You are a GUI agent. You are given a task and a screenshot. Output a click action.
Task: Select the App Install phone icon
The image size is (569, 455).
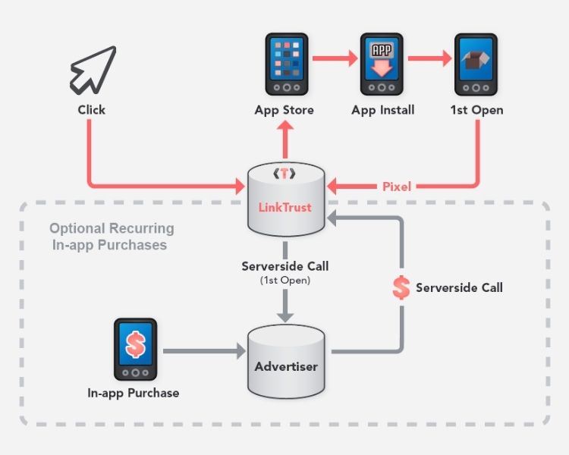pyautogui.click(x=382, y=62)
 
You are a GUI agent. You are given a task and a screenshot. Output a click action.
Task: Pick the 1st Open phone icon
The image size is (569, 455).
pyautogui.click(x=476, y=62)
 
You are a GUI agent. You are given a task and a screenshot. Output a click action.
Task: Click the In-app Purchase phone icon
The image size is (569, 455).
pyautogui.click(x=135, y=350)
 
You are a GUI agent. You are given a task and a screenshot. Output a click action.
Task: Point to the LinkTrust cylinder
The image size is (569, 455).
pyautogui.click(x=286, y=202)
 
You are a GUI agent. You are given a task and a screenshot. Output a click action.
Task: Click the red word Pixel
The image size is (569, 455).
pyautogui.click(x=396, y=186)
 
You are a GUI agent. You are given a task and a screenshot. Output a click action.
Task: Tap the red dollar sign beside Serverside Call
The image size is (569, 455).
pyautogui.click(x=401, y=288)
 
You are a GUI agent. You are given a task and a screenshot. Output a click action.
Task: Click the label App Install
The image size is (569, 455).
pyautogui.click(x=382, y=110)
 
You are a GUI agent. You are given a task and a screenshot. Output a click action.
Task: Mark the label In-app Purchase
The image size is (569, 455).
pyautogui.click(x=134, y=393)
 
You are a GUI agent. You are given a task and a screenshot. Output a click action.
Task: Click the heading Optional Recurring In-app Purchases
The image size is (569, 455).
pyautogui.click(x=111, y=237)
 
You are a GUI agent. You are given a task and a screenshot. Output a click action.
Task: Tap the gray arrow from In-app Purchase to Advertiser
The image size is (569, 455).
pyautogui.click(x=203, y=351)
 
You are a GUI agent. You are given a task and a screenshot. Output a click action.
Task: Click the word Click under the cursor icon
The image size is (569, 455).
pyautogui.click(x=91, y=110)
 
